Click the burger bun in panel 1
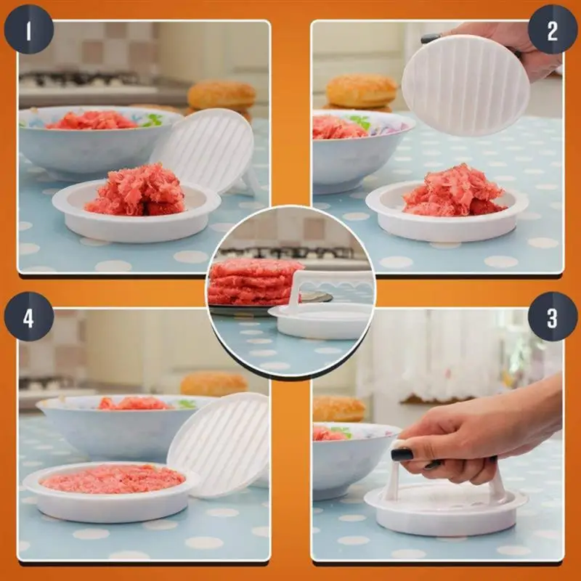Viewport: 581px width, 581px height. pyautogui.click(x=222, y=95)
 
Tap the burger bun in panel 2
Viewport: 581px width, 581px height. pyautogui.click(x=361, y=91)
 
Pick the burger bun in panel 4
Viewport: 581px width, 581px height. pyautogui.click(x=214, y=383)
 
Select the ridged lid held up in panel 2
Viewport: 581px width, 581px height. pyautogui.click(x=466, y=86)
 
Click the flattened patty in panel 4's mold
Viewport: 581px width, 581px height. pyautogui.click(x=112, y=479)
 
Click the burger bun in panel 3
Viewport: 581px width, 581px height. pyautogui.click(x=338, y=409)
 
